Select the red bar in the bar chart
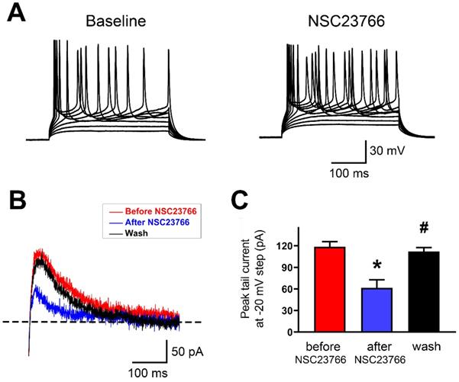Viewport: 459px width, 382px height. click(315, 290)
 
